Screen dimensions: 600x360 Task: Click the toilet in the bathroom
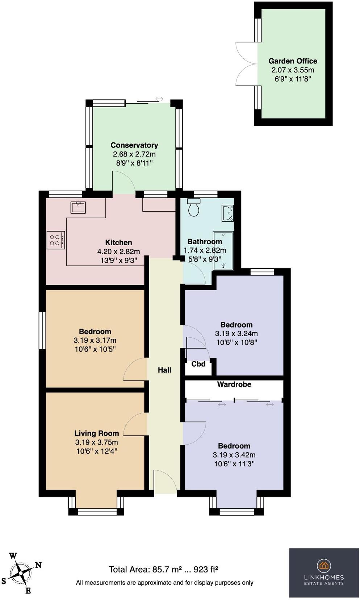click(194, 208)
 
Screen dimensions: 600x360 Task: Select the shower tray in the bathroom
click(223, 251)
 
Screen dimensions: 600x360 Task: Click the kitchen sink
click(78, 208)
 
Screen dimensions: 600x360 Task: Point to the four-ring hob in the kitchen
click(55, 240)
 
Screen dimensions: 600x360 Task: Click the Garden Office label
click(293, 61)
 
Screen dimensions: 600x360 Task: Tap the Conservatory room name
click(134, 145)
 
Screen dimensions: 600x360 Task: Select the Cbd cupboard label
click(198, 364)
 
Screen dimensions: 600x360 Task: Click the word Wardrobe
click(234, 384)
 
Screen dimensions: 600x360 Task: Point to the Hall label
click(164, 370)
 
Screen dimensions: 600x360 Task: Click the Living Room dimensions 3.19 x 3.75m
click(96, 442)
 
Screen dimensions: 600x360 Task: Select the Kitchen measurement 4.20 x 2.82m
click(118, 251)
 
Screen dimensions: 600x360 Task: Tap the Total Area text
click(163, 569)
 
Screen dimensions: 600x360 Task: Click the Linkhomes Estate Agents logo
click(324, 572)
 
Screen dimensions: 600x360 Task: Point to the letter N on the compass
click(38, 565)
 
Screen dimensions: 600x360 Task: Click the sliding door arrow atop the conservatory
click(159, 99)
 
